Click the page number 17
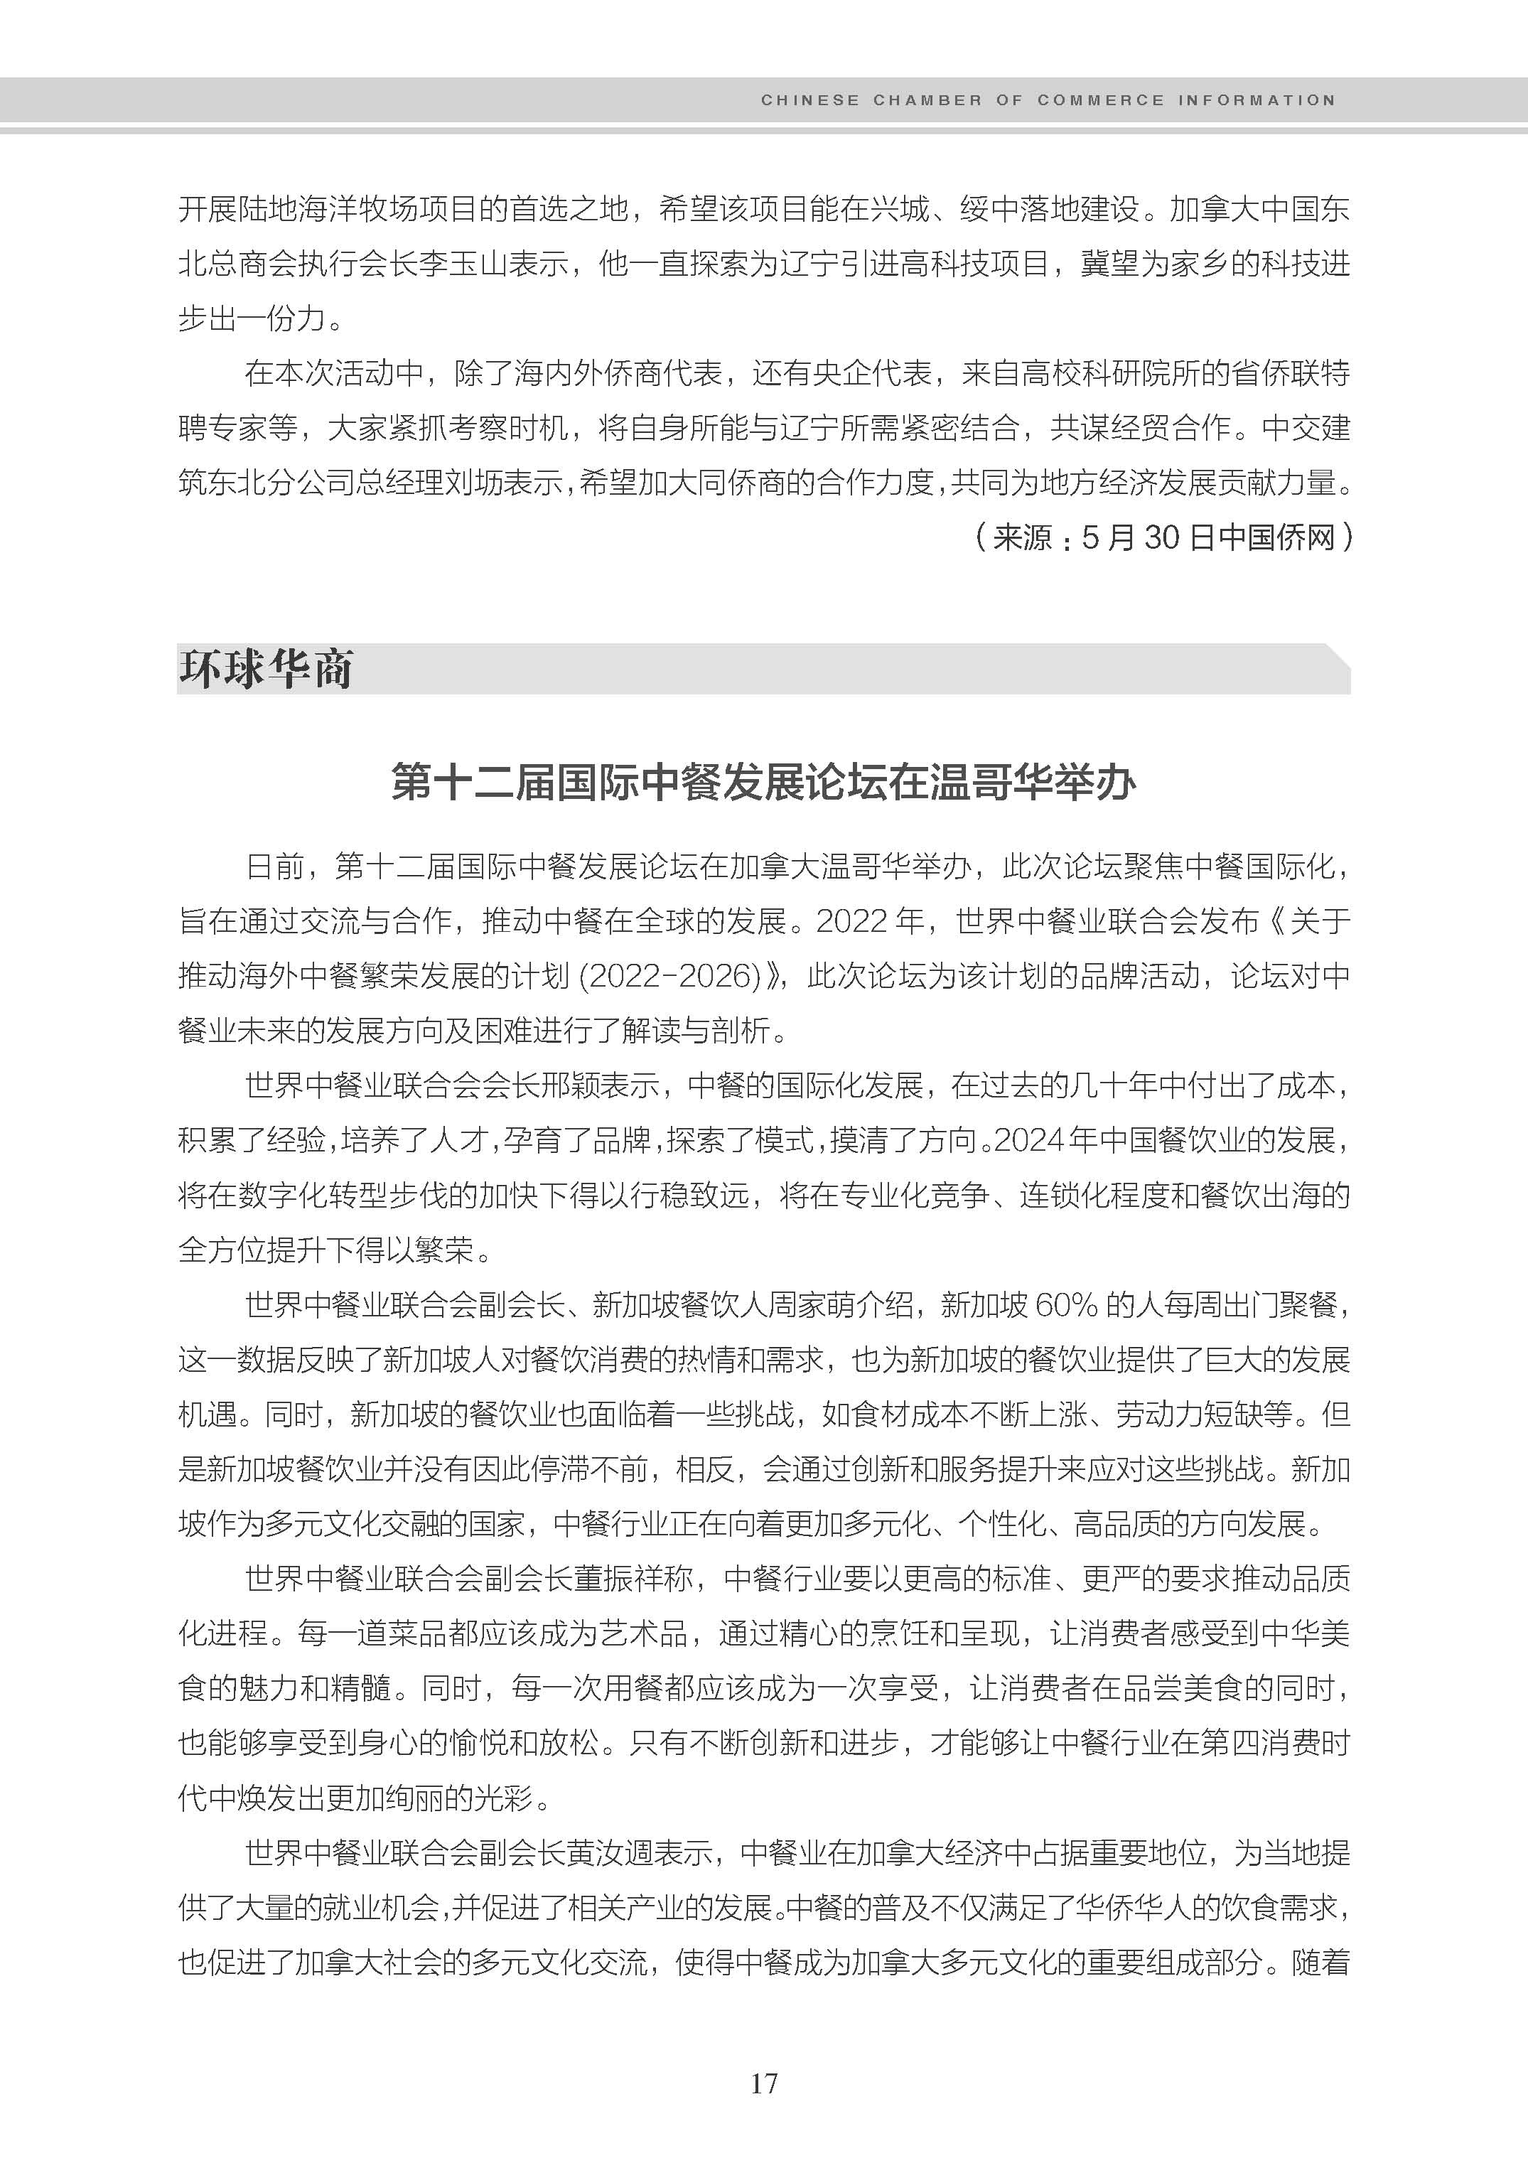763,2083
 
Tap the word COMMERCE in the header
1101,100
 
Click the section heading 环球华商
267,669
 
